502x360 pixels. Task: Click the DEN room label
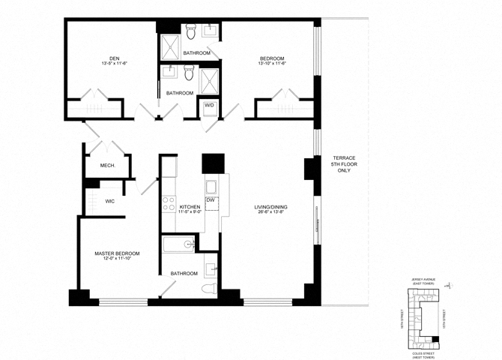point(114,58)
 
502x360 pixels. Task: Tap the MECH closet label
point(107,165)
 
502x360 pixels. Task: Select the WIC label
point(109,201)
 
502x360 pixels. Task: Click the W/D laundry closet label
point(209,106)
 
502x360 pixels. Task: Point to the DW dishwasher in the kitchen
point(211,200)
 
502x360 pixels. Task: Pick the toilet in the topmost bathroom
point(190,32)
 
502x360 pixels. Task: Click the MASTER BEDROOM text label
point(117,253)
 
